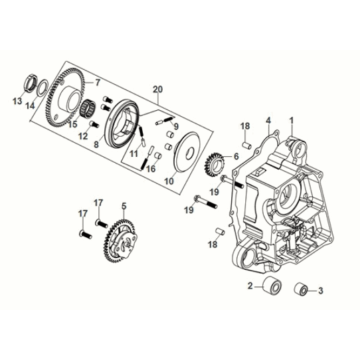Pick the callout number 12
point(82,136)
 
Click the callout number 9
point(178,125)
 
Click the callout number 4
point(268,120)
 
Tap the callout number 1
point(291,120)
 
